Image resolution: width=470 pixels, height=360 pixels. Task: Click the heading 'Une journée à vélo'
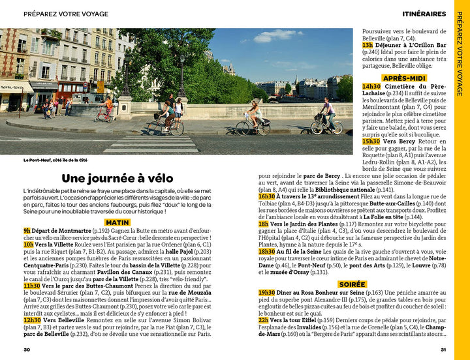point(117,178)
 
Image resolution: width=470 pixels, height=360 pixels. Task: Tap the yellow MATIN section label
point(117,222)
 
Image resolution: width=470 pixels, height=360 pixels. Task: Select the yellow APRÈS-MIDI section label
point(404,78)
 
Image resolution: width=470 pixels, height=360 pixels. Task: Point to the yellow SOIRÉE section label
point(352,284)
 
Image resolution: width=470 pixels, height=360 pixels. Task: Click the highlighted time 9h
point(27,231)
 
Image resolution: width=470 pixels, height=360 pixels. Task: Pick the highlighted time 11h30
point(32,286)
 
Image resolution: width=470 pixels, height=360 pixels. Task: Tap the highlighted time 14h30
point(371,86)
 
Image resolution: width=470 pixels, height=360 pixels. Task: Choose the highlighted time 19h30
point(266,293)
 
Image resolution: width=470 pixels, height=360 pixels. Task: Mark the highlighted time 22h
point(263,321)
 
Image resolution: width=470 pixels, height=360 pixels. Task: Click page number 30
point(27,350)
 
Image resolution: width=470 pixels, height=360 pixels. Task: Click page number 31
point(443,350)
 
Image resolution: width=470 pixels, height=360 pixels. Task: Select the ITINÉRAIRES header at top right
point(424,14)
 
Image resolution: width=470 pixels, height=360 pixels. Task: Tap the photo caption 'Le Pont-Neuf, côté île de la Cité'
point(55,160)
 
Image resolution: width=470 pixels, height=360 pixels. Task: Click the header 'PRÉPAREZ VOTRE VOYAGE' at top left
point(66,14)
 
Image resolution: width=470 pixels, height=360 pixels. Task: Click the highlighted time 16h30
point(266,196)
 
